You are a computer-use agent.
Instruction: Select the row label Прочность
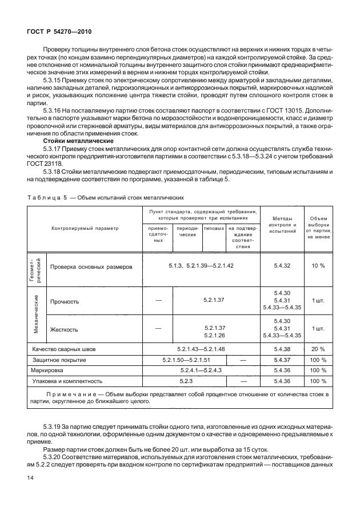(65, 301)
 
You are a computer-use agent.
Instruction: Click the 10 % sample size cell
(318, 266)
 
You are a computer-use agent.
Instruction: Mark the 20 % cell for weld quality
(318, 349)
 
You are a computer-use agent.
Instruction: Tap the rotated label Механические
(36, 314)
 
